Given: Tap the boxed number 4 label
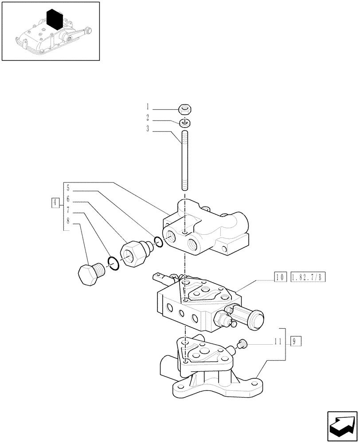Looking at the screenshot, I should pos(55,203).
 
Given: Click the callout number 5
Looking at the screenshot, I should pos(68,188).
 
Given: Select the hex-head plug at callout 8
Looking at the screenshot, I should pos(89,273).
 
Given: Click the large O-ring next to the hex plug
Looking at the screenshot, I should pos(113,264).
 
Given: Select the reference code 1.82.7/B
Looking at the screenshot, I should pos(308,278).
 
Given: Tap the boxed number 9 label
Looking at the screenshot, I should pos(296,341).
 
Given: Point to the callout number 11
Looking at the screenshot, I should pos(278,341).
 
